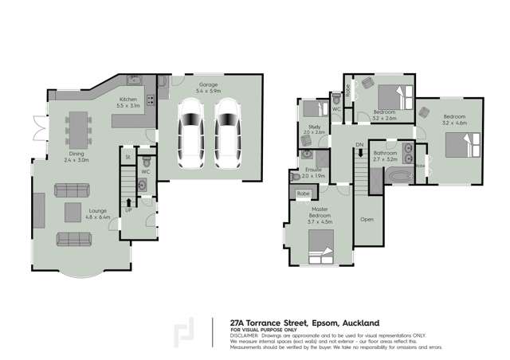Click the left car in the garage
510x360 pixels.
tap(191, 132)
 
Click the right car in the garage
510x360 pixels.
tap(228, 132)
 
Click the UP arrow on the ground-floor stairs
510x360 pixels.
tap(127, 210)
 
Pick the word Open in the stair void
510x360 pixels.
tap(367, 218)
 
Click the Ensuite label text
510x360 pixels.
tap(312, 170)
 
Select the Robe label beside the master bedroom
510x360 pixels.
tap(303, 194)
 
